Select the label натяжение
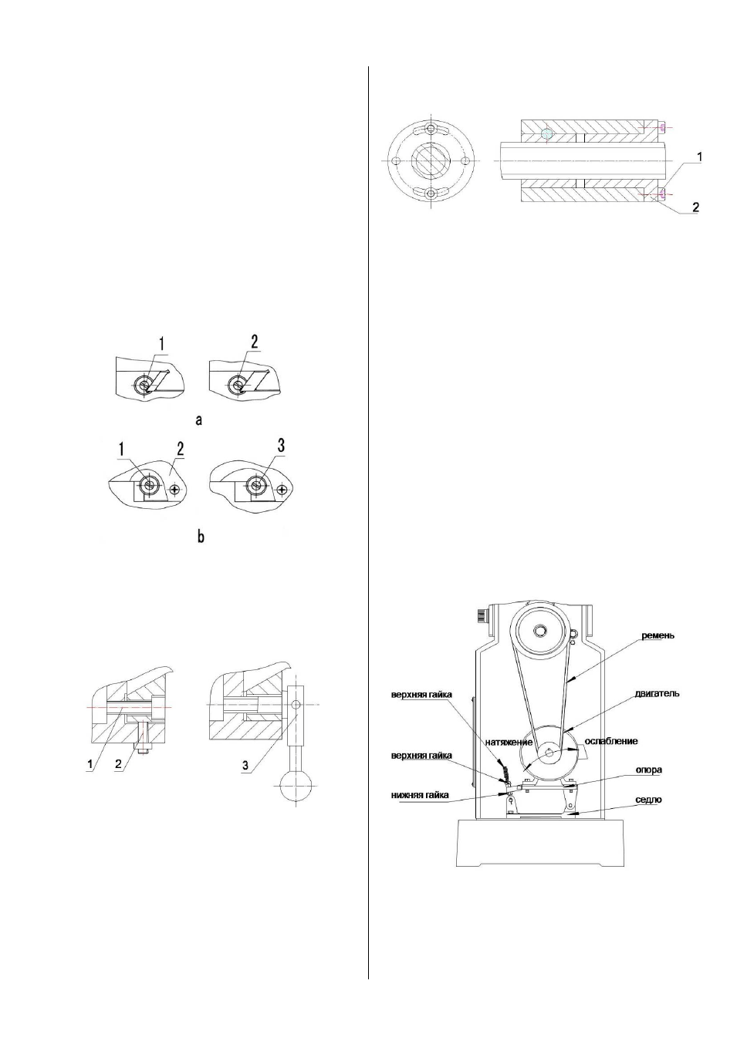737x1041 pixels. [509, 742]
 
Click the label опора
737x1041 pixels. [649, 770]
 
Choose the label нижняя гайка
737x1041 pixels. [421, 795]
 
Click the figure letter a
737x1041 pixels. [199, 420]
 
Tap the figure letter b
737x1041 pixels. [201, 537]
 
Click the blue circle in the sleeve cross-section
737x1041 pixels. [547, 134]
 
